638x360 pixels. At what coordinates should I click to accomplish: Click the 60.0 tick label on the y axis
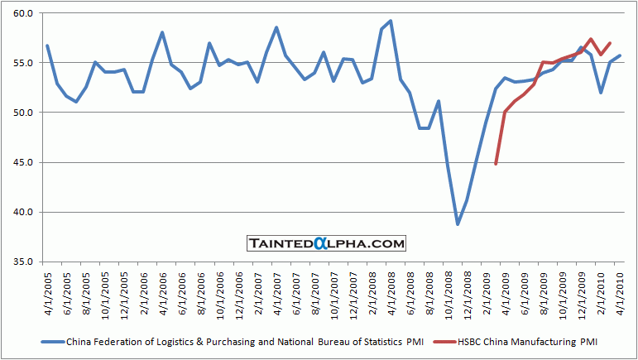click(21, 14)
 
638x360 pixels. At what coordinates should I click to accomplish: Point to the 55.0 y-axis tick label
click(21, 64)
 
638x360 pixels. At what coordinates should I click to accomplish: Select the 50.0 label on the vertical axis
click(21, 113)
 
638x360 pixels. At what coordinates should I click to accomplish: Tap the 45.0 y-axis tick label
click(21, 162)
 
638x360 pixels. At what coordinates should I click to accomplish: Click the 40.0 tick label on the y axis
click(21, 212)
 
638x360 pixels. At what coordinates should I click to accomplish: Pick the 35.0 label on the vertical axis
click(21, 262)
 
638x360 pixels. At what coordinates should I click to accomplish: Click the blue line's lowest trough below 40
click(458, 224)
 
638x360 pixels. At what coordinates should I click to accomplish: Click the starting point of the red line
click(496, 164)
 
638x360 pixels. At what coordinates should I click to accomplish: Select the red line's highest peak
click(591, 39)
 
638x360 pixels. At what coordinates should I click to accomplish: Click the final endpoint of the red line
click(610, 43)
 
